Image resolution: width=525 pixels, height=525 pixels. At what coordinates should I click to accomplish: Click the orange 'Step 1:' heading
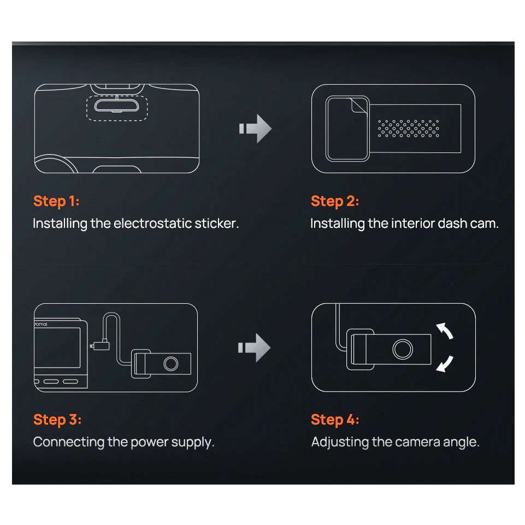pos(56,202)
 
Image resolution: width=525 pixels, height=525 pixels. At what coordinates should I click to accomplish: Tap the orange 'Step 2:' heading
pos(335,202)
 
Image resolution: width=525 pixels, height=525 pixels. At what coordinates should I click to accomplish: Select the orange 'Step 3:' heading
pos(57,420)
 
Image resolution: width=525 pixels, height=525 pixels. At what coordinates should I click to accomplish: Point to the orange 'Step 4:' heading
pos(335,420)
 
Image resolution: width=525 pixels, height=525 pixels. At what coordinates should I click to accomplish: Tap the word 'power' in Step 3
pos(149,443)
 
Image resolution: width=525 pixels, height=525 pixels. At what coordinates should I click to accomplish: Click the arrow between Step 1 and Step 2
pos(256,128)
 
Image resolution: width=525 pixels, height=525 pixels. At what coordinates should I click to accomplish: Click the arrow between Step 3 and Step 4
pos(255,347)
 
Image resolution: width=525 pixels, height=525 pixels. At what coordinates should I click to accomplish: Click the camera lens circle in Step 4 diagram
pos(403,350)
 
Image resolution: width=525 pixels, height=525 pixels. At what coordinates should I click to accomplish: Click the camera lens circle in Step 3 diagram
pos(171,364)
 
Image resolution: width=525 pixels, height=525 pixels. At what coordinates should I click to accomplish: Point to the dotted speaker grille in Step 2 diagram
pos(408,128)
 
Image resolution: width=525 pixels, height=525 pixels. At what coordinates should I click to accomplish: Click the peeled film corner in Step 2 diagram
pos(359,106)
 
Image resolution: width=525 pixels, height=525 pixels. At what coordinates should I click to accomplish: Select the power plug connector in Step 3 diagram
pos(100,345)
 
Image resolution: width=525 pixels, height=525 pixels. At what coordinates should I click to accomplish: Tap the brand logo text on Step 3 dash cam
pos(41,324)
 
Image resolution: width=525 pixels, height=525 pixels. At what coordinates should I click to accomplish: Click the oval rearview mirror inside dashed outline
pos(116,105)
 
